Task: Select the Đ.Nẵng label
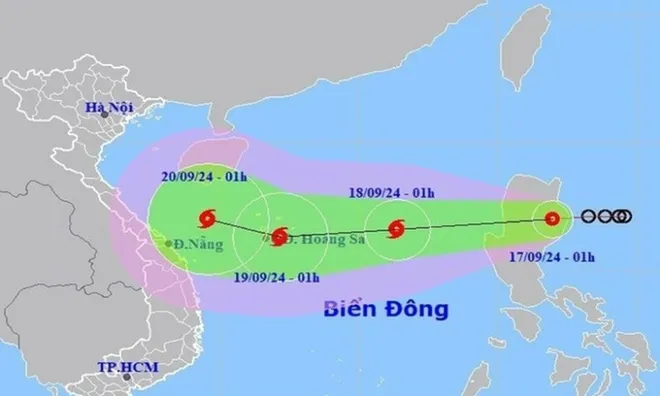[197, 243]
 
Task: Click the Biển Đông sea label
[385, 308]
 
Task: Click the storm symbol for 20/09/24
[207, 218]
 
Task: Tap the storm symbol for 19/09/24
[280, 236]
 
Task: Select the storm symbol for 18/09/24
[396, 229]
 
